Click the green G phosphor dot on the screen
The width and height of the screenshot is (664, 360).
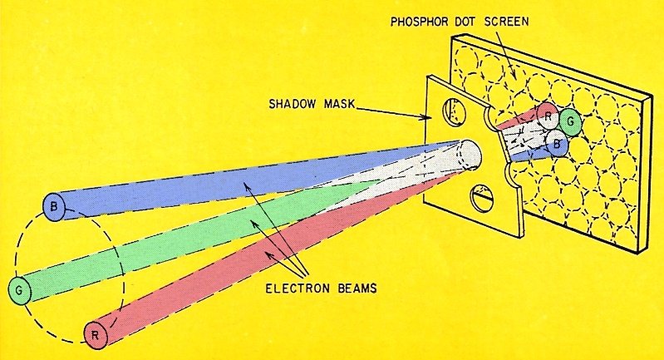(x=570, y=121)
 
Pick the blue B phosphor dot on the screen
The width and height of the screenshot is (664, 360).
(x=558, y=142)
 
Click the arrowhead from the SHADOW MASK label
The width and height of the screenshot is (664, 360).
(x=428, y=117)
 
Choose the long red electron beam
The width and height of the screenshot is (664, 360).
(x=249, y=266)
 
